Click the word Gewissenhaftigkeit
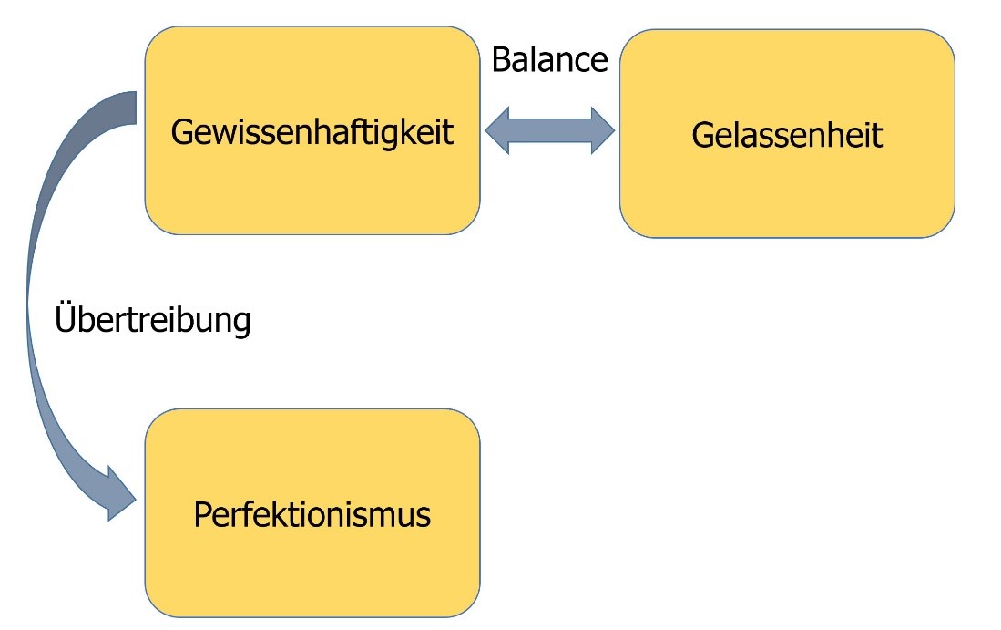pyautogui.click(x=312, y=133)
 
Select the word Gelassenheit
pyautogui.click(x=787, y=135)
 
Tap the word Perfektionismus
pyautogui.click(x=312, y=515)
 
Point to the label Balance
pyautogui.click(x=549, y=60)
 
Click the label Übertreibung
pyautogui.click(x=153, y=320)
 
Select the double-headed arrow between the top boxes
pyautogui.click(x=549, y=130)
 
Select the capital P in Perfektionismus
pyautogui.click(x=201, y=515)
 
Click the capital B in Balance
pyautogui.click(x=500, y=60)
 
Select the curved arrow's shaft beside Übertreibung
pyautogui.click(x=34, y=320)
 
